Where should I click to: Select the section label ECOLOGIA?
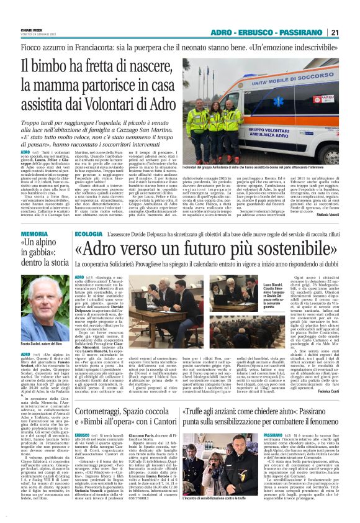coord(89,216)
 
